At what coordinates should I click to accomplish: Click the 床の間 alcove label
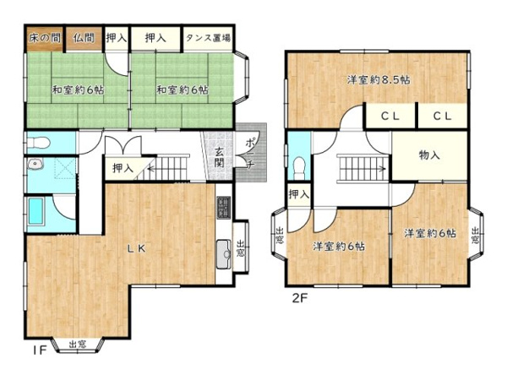45,38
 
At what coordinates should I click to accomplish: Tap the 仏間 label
84,38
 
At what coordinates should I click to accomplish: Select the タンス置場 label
208,38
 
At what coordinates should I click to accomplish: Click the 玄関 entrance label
219,157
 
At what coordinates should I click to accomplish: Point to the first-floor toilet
38,142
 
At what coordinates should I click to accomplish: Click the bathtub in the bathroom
35,211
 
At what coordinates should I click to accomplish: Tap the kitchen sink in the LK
224,254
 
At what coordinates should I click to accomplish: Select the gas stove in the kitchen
224,207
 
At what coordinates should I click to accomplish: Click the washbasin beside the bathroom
35,165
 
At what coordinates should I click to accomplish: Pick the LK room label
137,248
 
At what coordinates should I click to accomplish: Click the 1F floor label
40,350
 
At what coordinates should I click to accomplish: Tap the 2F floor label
299,298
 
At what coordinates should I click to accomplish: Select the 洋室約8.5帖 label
379,79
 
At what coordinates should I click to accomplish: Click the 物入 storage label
429,155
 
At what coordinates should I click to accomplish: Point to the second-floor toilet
299,168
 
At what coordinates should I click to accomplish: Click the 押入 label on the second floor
299,194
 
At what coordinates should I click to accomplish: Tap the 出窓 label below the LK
78,345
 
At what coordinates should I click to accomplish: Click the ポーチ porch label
249,153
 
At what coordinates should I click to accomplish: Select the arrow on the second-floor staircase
363,168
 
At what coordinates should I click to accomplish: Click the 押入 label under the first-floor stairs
123,168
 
